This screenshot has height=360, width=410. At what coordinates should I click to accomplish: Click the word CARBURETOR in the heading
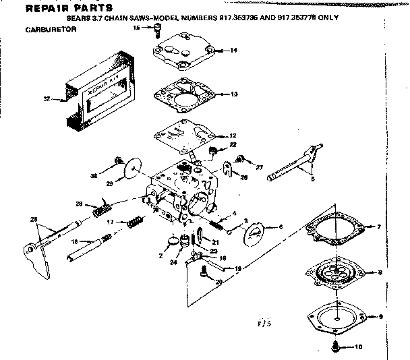(x=51, y=30)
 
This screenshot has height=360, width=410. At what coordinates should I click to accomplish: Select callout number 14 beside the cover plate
(x=233, y=51)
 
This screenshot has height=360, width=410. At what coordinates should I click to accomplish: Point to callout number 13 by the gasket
(x=233, y=94)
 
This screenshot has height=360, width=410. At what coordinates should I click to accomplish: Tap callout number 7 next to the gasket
(x=380, y=227)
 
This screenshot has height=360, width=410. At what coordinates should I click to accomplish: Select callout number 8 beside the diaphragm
(x=380, y=272)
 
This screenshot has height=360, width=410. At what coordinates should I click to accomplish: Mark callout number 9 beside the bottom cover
(x=380, y=316)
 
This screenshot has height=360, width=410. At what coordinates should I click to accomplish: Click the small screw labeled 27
(x=239, y=160)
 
